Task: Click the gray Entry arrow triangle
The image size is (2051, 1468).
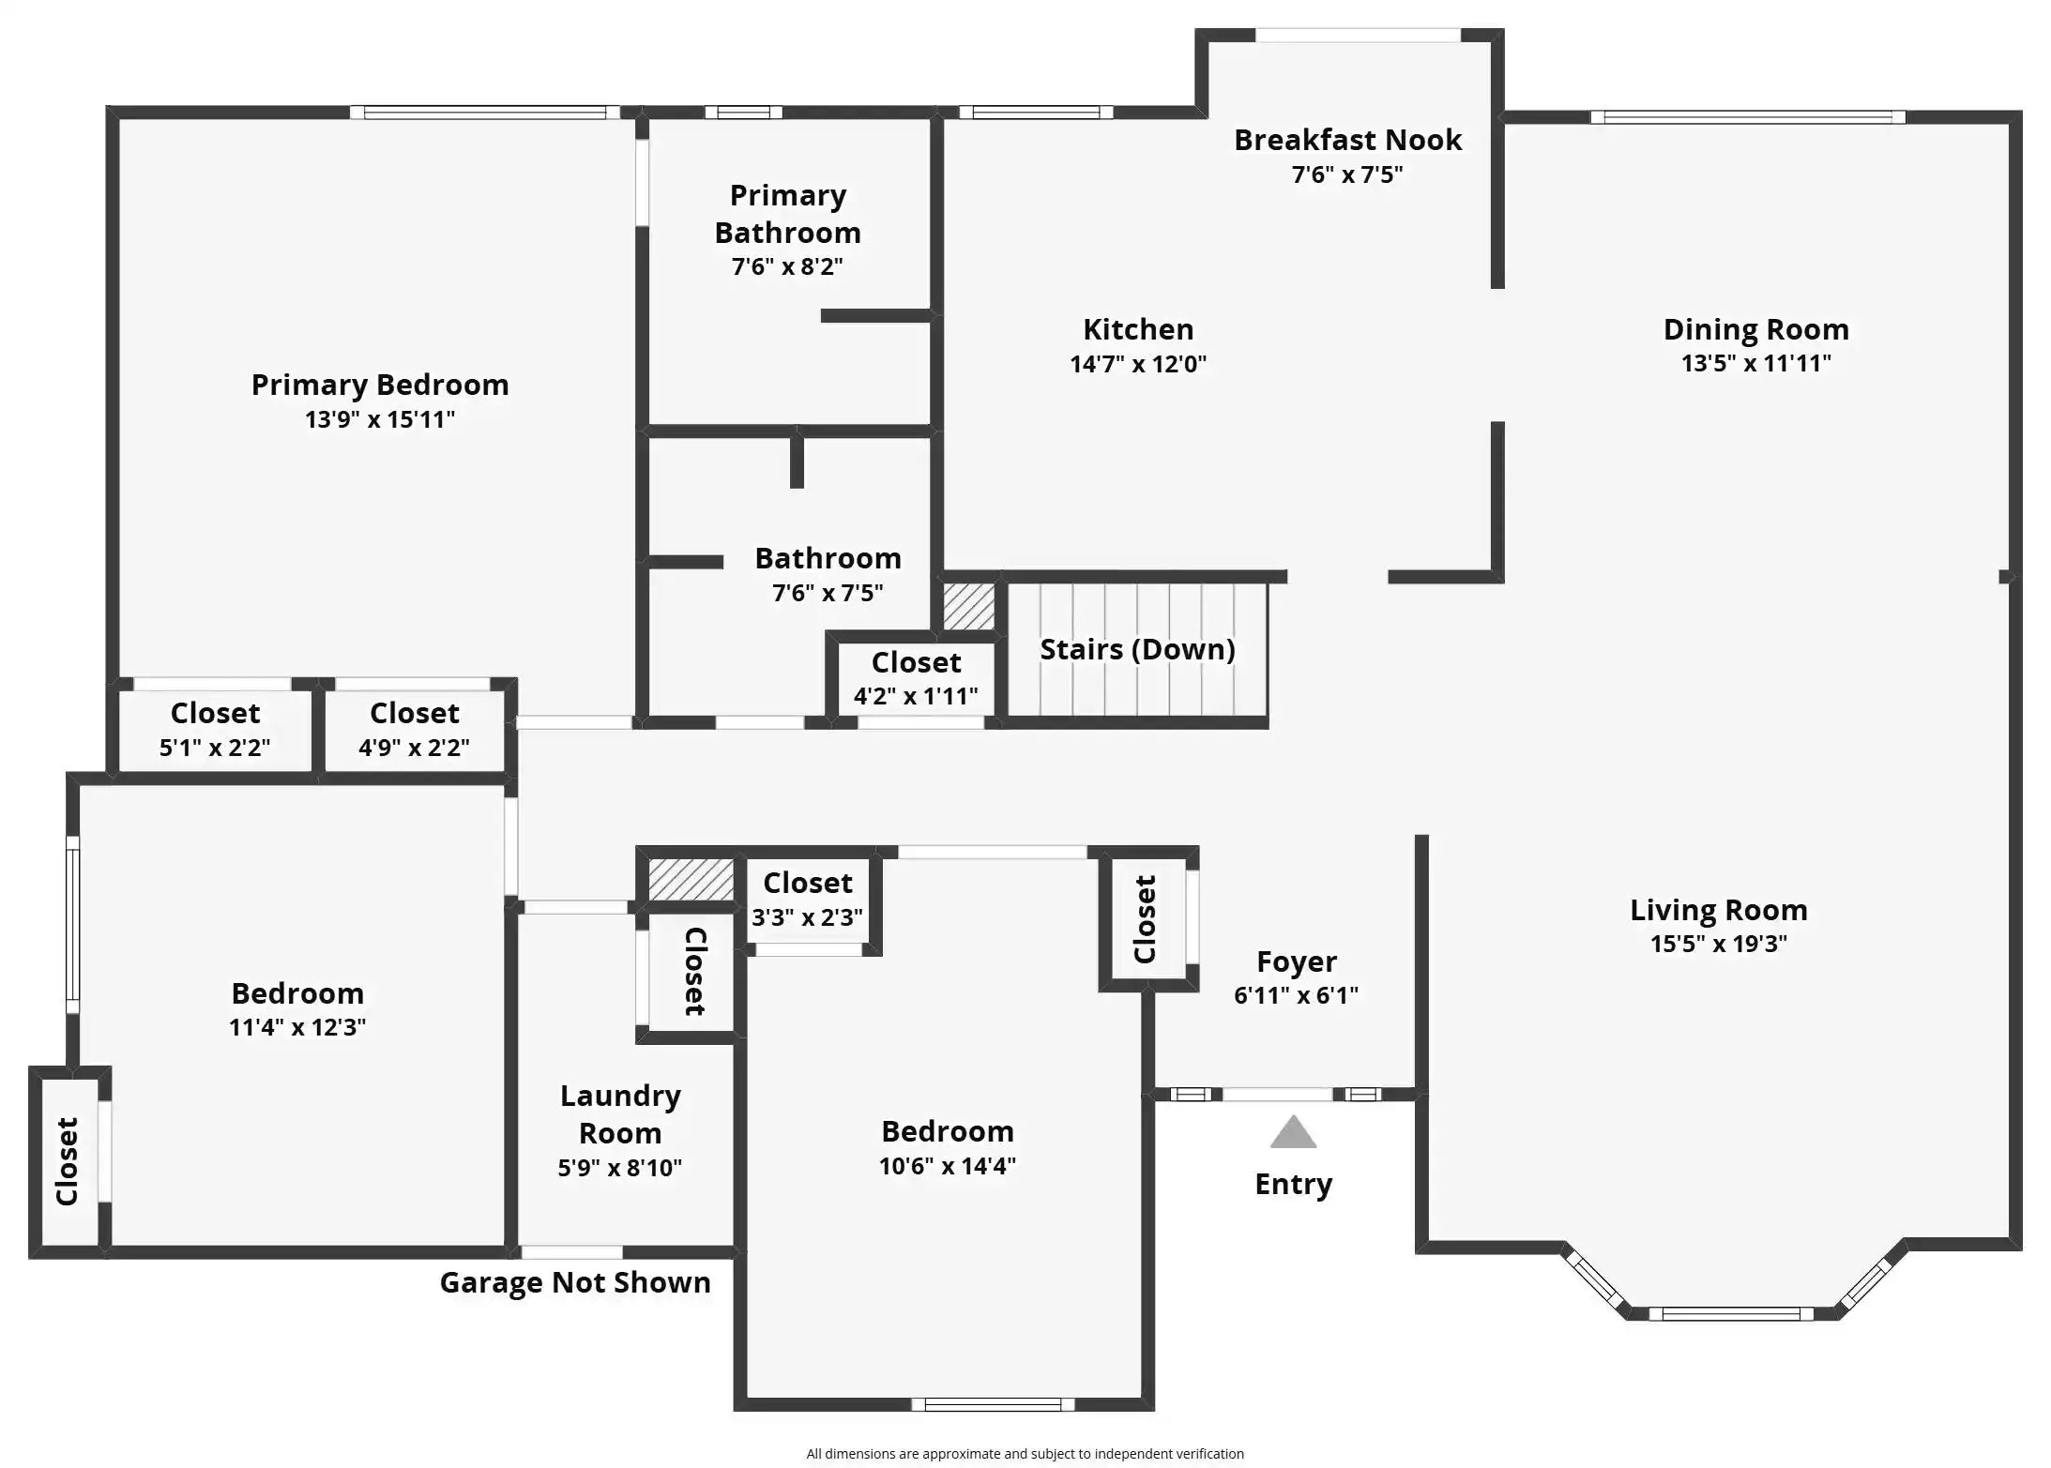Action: [x=1293, y=1132]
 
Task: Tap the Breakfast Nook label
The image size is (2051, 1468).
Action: [x=1347, y=140]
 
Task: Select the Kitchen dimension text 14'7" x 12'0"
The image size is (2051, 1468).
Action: [x=1138, y=364]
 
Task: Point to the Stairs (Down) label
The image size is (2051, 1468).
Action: [x=1137, y=649]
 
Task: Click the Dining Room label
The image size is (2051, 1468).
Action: [x=1755, y=329]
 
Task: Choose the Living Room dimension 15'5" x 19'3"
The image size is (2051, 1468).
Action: [x=1719, y=944]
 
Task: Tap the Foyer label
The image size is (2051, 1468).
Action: [x=1297, y=962]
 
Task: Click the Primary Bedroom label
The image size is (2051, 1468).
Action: [x=380, y=385]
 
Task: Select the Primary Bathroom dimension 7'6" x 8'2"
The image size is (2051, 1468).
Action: [x=787, y=266]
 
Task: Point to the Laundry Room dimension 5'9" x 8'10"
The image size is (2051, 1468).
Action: [x=619, y=1168]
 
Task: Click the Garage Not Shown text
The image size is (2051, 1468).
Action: [x=575, y=1282]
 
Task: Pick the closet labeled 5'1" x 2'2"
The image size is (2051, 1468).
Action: [x=215, y=731]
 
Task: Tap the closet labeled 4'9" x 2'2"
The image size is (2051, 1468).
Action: [x=415, y=731]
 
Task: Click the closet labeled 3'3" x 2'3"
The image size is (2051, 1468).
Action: [x=808, y=900]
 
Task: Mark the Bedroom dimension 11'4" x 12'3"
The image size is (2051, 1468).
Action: [x=297, y=1027]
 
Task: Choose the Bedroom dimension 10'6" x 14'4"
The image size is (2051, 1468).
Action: [x=948, y=1166]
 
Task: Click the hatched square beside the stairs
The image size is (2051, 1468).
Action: [x=968, y=607]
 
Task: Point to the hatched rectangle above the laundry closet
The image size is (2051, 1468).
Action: [x=691, y=880]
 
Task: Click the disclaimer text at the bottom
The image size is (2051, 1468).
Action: [x=1025, y=1454]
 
